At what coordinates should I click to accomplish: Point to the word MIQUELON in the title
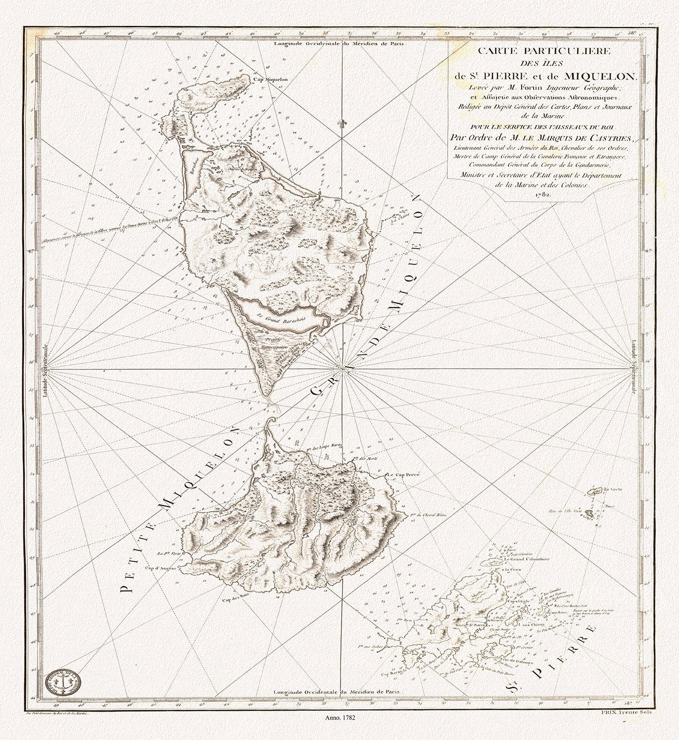(x=598, y=76)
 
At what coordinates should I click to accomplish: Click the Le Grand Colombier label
(x=527, y=559)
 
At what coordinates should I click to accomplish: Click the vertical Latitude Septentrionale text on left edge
(x=46, y=370)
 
